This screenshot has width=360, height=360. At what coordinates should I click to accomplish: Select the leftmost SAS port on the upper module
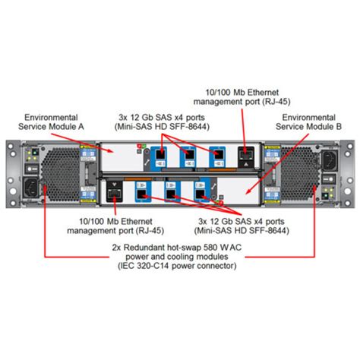[161, 157]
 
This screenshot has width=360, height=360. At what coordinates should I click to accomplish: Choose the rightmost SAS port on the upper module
[216, 157]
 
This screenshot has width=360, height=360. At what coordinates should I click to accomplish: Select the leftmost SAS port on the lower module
[142, 192]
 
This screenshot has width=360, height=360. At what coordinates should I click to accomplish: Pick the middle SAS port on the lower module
[169, 192]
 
